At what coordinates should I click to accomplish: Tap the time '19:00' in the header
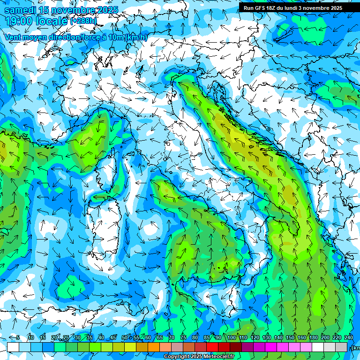coord(19,21)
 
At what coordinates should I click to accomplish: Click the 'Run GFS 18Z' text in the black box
coord(261,7)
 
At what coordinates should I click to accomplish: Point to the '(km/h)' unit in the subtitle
coord(136,37)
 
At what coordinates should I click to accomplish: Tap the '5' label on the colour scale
coord(18,337)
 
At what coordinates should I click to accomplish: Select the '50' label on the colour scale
coord(124,337)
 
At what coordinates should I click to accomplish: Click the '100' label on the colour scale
coord(231,337)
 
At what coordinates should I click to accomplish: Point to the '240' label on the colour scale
coord(348,337)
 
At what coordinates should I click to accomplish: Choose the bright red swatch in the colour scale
coord(212,347)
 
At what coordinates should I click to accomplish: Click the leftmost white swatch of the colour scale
coord(13,347)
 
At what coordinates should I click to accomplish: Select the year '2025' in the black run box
coord(334,7)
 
